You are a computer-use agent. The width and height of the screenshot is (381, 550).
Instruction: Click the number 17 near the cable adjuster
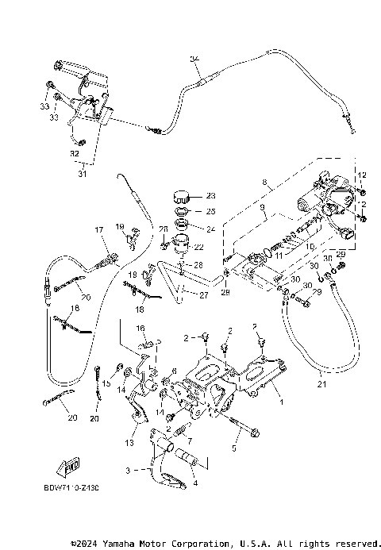100,230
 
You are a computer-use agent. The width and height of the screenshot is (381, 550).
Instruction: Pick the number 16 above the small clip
140,327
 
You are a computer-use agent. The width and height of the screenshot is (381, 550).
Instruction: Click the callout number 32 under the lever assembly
74,142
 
